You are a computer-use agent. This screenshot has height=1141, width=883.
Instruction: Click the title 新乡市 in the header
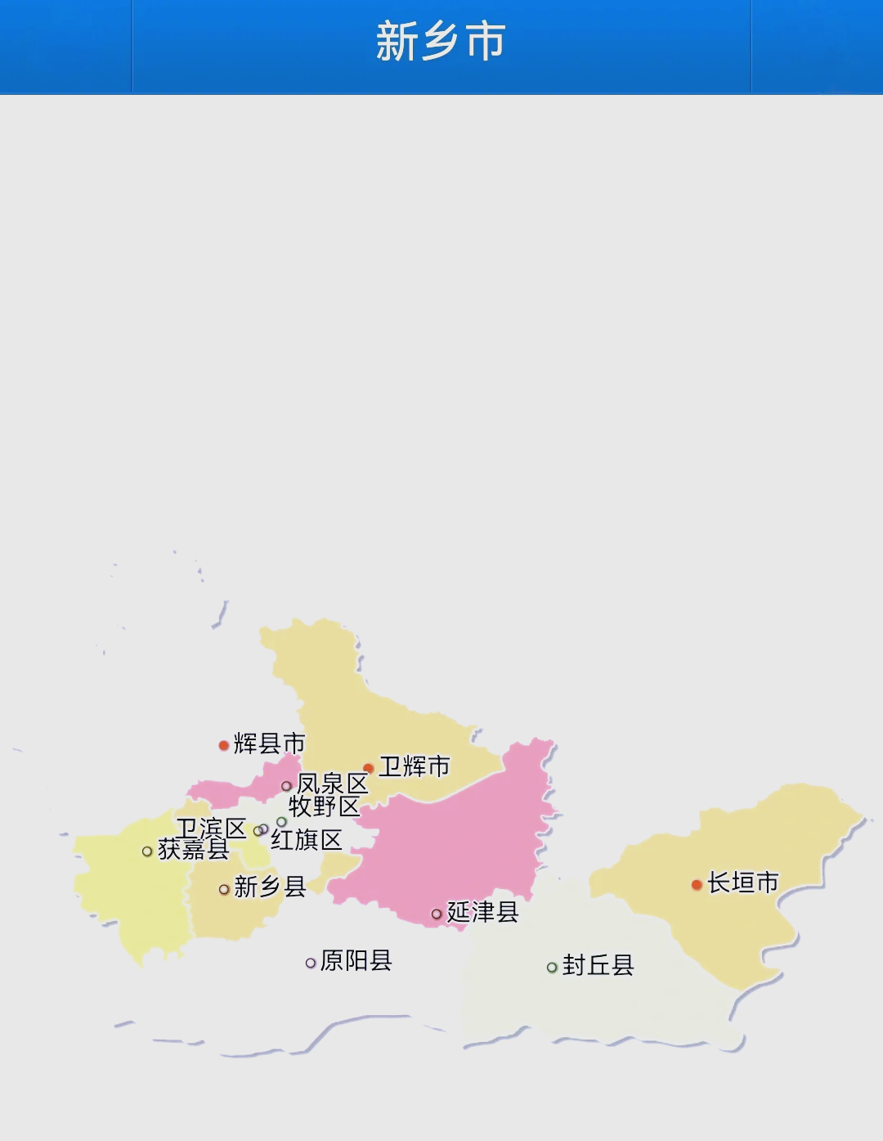[441, 42]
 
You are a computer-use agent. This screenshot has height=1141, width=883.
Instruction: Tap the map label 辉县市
[269, 743]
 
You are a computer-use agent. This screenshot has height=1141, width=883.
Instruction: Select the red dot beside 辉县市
[223, 745]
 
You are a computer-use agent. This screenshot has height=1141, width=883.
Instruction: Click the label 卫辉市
[414, 766]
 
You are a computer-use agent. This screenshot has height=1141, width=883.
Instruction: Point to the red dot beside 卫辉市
[369, 768]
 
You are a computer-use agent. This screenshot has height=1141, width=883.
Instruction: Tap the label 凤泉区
[332, 784]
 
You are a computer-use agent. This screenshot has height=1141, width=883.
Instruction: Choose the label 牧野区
[324, 806]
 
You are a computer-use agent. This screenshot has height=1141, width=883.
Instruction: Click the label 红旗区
[307, 840]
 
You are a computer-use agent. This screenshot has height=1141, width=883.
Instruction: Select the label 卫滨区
[211, 829]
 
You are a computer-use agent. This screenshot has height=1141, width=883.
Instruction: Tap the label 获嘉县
[193, 850]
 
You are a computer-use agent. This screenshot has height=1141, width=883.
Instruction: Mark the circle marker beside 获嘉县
[147, 851]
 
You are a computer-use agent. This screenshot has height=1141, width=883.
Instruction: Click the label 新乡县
[270, 887]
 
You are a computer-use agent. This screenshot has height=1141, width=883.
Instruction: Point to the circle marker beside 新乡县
[224, 889]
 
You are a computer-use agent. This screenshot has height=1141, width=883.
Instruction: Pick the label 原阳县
[356, 960]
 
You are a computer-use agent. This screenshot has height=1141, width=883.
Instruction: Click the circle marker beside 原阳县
[311, 964]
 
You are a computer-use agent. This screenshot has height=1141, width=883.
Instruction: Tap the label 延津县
[482, 912]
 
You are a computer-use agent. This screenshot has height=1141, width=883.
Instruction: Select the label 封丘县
[598, 965]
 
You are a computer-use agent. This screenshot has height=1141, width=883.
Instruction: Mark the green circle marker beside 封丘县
[552, 968]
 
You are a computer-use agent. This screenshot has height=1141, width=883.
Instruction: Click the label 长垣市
[742, 883]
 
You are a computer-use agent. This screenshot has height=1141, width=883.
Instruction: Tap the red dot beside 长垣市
[697, 885]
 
